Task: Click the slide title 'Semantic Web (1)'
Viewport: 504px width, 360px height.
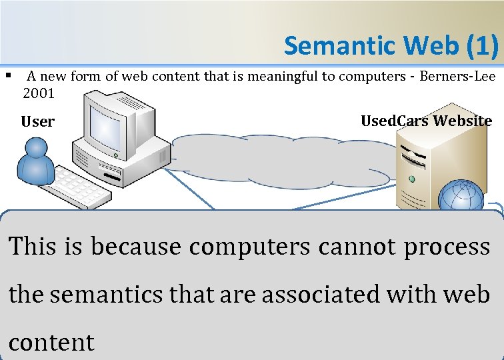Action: tap(391, 45)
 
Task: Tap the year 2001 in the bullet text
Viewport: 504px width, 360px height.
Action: tap(39, 93)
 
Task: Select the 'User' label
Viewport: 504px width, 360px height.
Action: tap(37, 122)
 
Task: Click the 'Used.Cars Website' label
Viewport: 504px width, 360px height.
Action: tap(426, 121)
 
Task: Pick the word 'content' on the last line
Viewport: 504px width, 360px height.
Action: tap(51, 342)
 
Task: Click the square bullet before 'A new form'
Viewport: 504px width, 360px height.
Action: tap(9, 75)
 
